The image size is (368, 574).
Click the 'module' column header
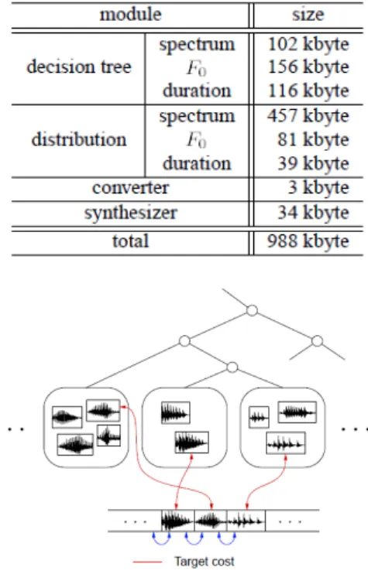[130, 15]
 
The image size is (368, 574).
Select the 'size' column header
[308, 15]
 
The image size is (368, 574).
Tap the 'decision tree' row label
[79, 67]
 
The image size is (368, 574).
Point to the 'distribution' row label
[79, 139]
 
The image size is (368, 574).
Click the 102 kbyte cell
[308, 45]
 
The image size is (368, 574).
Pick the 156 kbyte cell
[308, 67]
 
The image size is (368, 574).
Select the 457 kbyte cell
[308, 116]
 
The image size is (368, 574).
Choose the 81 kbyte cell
[313, 140]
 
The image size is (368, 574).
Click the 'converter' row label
[130, 188]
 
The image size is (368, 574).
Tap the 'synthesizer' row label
[130, 213]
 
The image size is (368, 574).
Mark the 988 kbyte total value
[308, 241]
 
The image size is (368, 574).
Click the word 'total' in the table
[130, 241]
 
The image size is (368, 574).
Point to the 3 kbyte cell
[318, 188]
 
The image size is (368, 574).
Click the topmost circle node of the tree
[252, 310]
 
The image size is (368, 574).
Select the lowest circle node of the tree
[232, 367]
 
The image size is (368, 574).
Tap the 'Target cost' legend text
[205, 561]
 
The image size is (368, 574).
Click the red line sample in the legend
[147, 562]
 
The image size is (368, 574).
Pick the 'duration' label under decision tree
[197, 91]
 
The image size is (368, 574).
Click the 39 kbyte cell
[313, 164]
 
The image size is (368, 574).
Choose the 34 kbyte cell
[313, 213]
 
